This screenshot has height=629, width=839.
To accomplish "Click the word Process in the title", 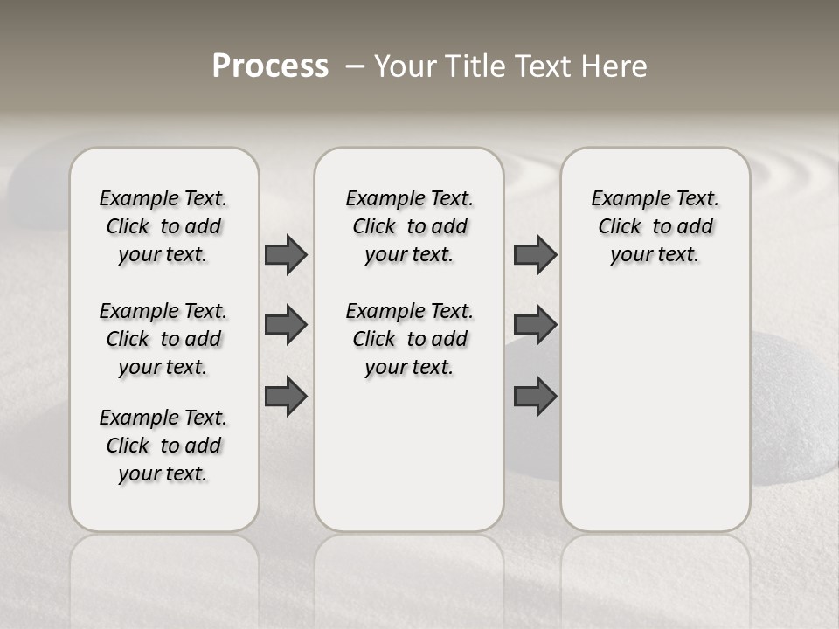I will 270,66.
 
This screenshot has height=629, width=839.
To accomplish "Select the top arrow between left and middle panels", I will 286,254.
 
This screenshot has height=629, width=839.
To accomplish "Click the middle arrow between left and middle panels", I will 286,325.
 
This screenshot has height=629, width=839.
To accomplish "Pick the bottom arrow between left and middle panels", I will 286,396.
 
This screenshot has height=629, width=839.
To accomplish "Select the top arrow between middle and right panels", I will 535,254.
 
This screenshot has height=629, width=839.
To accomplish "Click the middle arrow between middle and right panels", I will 535,325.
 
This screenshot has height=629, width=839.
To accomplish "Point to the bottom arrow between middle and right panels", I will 535,396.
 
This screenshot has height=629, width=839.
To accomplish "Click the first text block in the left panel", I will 163,226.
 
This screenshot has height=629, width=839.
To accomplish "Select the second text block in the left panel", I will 163,339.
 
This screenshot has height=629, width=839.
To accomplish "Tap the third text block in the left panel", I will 163,446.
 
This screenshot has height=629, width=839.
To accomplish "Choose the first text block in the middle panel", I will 409,226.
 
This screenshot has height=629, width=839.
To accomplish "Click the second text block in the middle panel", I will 409,339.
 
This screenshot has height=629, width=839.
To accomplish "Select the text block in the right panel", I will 655,226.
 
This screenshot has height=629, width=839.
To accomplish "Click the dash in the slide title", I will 355,67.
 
